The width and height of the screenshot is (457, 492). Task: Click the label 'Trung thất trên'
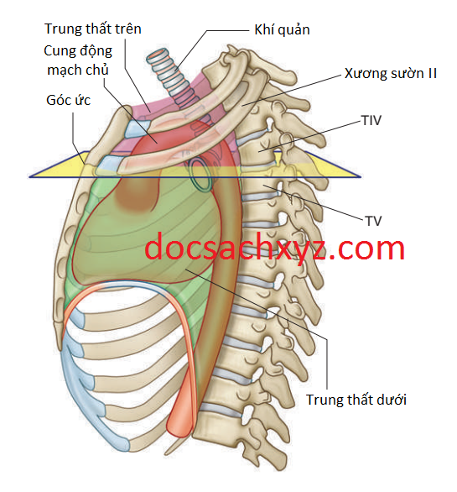(93, 29)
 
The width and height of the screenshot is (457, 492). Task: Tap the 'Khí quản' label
(282, 30)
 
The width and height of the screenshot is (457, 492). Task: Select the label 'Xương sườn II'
(390, 73)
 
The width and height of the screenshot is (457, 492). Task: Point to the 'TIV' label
(371, 120)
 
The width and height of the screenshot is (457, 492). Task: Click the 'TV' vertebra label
(373, 221)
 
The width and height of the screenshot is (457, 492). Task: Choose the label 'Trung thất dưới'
(356, 400)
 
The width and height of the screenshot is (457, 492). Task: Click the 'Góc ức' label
(68, 101)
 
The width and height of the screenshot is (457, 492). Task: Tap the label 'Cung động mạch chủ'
(78, 60)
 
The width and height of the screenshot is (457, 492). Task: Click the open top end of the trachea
(158, 54)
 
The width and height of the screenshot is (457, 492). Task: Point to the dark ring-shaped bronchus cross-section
(200, 174)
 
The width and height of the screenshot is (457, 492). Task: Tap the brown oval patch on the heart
(138, 195)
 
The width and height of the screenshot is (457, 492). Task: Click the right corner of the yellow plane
(360, 177)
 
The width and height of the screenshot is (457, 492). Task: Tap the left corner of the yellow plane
(30, 177)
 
